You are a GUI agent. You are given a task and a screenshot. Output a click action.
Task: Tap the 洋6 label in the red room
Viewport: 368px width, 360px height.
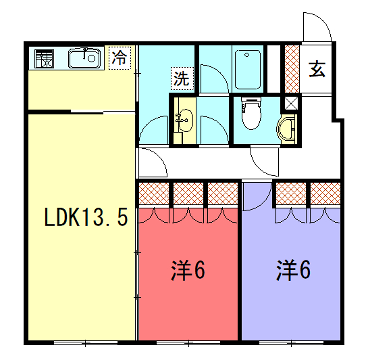click(x=187, y=269)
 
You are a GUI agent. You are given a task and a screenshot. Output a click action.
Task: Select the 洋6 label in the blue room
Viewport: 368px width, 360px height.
click(x=293, y=269)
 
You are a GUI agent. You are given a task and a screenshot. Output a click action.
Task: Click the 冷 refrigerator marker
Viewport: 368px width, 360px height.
click(x=120, y=58)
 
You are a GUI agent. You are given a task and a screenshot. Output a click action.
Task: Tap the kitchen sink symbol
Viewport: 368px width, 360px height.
click(x=83, y=58)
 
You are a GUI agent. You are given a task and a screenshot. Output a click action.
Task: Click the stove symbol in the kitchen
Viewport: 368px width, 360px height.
click(x=46, y=58)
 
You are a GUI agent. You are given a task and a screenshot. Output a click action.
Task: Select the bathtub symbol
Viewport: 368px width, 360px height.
click(x=249, y=68)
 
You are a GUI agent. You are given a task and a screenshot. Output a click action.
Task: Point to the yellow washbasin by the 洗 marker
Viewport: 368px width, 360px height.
click(x=184, y=122)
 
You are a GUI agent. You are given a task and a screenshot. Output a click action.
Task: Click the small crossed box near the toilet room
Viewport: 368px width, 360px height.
click(x=290, y=102)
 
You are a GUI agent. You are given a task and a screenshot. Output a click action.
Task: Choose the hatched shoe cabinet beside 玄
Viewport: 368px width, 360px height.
click(x=291, y=69)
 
